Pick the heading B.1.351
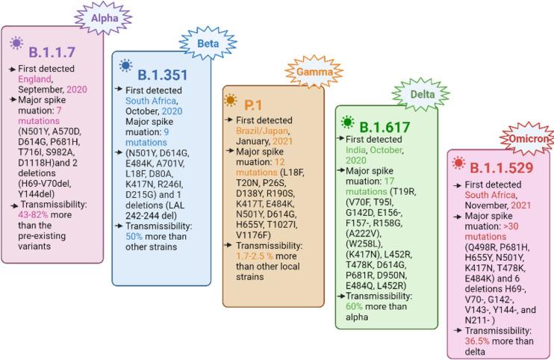(x=163, y=74)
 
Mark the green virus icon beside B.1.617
(x=346, y=122)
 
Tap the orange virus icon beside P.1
(x=231, y=100)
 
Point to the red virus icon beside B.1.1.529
(x=458, y=161)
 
